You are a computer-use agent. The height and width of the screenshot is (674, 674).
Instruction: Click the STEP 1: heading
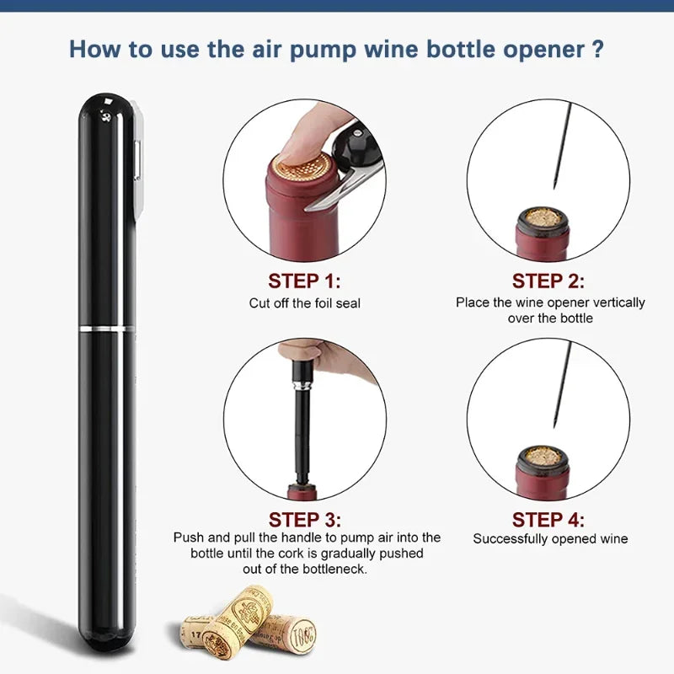304,281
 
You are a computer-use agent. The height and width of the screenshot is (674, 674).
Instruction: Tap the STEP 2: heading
548,281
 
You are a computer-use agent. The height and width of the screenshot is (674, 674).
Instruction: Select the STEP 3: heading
304,519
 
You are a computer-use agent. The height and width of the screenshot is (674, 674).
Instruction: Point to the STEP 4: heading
548,519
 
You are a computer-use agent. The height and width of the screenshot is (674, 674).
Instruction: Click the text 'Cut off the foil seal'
304,302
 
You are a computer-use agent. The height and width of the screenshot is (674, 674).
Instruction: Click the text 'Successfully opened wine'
550,538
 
